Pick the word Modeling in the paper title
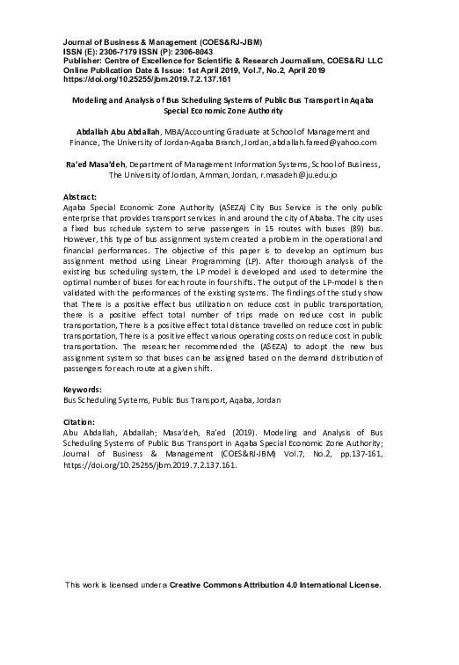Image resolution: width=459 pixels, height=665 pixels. [x=89, y=101]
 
